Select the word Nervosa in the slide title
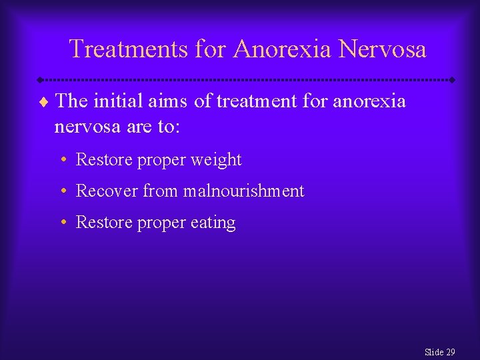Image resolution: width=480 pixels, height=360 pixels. (382, 49)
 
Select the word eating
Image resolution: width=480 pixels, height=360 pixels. (213, 223)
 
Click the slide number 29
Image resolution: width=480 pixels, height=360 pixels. (450, 352)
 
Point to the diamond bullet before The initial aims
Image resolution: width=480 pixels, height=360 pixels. (44, 102)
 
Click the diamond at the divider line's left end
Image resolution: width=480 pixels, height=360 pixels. (39, 80)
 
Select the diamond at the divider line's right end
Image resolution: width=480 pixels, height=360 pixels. (453, 80)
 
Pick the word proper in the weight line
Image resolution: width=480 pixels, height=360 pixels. (162, 161)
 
